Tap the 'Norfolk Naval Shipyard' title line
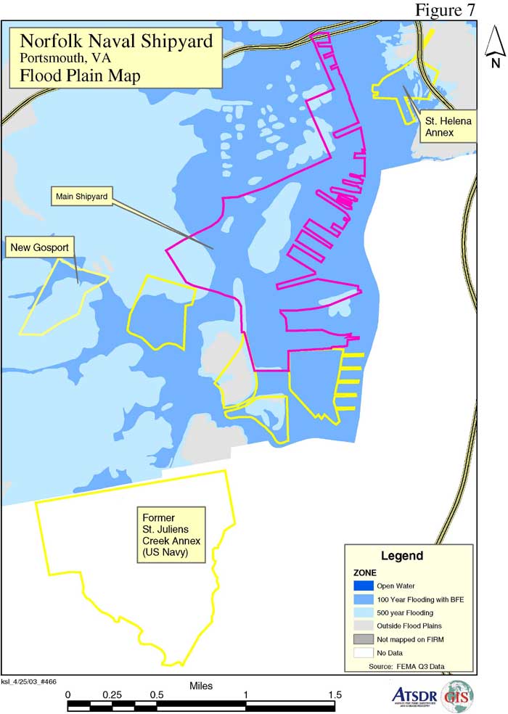click(x=116, y=41)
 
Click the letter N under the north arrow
click(x=495, y=62)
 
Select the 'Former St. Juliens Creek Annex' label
click(x=171, y=535)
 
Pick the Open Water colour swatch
click(x=364, y=586)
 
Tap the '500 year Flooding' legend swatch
click(x=364, y=612)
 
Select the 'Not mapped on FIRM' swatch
click(x=364, y=639)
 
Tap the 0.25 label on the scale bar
click(x=112, y=694)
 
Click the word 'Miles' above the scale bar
click(x=201, y=684)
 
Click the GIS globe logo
click(x=456, y=694)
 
